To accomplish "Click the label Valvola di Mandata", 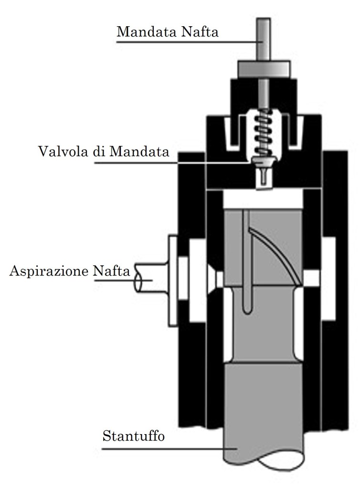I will (104, 152).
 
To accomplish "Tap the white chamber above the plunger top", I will (263, 199).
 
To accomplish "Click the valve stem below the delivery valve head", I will (263, 178).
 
